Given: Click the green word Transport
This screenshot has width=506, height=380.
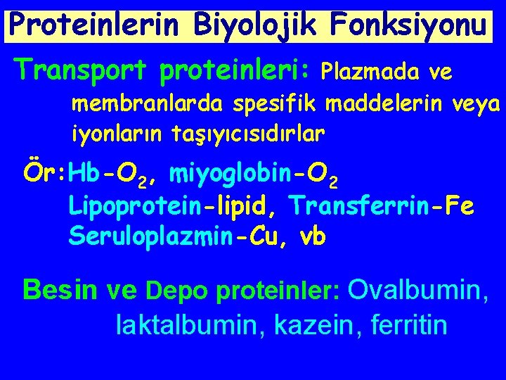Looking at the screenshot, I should [x=82, y=69].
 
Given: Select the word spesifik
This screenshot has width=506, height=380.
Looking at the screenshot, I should [x=287, y=106].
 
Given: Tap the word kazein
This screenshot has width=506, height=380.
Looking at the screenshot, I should [x=311, y=325].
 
